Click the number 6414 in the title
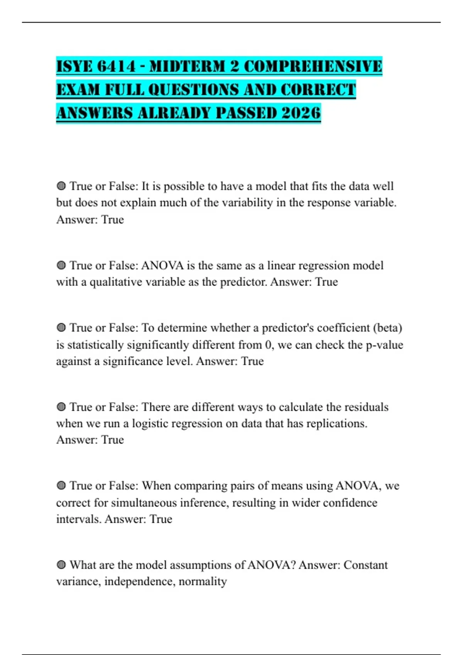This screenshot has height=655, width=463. (x=116, y=66)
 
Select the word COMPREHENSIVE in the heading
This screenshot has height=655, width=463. (x=313, y=66)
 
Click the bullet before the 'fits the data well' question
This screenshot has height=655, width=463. (x=61, y=186)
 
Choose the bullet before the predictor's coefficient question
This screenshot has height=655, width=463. (x=61, y=328)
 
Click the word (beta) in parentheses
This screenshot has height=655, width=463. (x=387, y=328)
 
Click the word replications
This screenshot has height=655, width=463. (x=336, y=423)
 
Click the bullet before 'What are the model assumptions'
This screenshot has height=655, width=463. (x=61, y=565)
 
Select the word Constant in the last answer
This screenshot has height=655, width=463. (x=365, y=565)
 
